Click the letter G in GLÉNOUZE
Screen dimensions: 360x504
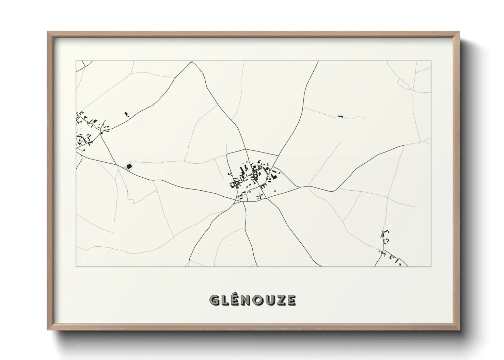pyautogui.click(x=215, y=300)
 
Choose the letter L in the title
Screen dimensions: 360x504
pyautogui.click(x=227, y=300)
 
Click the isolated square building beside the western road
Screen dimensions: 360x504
pyautogui.click(x=129, y=166)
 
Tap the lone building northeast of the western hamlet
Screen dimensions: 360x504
pyautogui.click(x=127, y=114)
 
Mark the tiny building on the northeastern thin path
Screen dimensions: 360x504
pyautogui.click(x=340, y=116)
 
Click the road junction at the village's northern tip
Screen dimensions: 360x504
pyautogui.click(x=246, y=149)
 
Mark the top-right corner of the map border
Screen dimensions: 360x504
pyautogui.click(x=431, y=61)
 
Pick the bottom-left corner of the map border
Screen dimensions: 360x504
pyautogui.click(x=76, y=267)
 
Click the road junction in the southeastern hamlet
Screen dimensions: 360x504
pyautogui.click(x=382, y=252)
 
